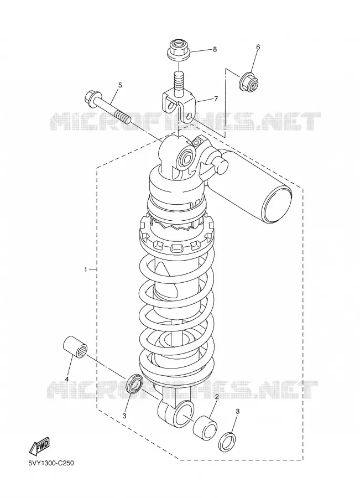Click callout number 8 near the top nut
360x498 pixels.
pyautogui.click(x=215, y=50)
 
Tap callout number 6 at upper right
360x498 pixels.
pyautogui.click(x=258, y=48)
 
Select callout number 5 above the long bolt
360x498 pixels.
pyautogui.click(x=120, y=85)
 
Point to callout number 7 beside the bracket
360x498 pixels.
pyautogui.click(x=216, y=99)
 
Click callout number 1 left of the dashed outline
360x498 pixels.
pyautogui.click(x=85, y=269)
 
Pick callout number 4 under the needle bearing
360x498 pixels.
pyautogui.click(x=67, y=379)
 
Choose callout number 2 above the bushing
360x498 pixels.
pyautogui.click(x=217, y=397)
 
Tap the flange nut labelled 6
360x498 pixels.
pyautogui.click(x=249, y=81)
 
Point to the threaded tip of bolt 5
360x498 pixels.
pyautogui.click(x=123, y=116)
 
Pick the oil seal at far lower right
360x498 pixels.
pyautogui.click(x=228, y=441)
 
